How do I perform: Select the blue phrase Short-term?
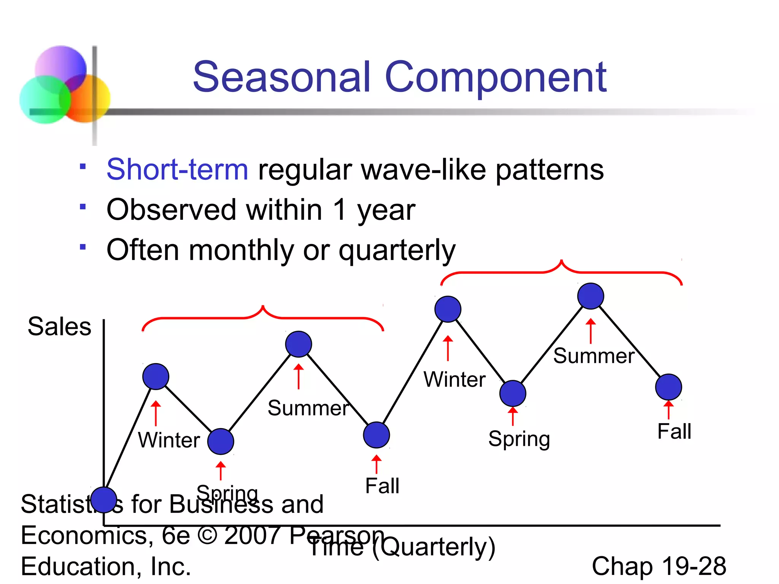177,170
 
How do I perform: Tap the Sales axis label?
59,326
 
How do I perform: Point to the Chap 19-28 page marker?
659,566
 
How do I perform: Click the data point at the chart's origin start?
103,500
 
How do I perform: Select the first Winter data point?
156,376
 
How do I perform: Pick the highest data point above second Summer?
590,296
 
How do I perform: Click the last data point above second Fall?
668,387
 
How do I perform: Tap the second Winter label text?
455,379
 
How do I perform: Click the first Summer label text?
308,408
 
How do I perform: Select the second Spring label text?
519,439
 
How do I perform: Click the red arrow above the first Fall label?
376,464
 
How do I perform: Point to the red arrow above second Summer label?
590,331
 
